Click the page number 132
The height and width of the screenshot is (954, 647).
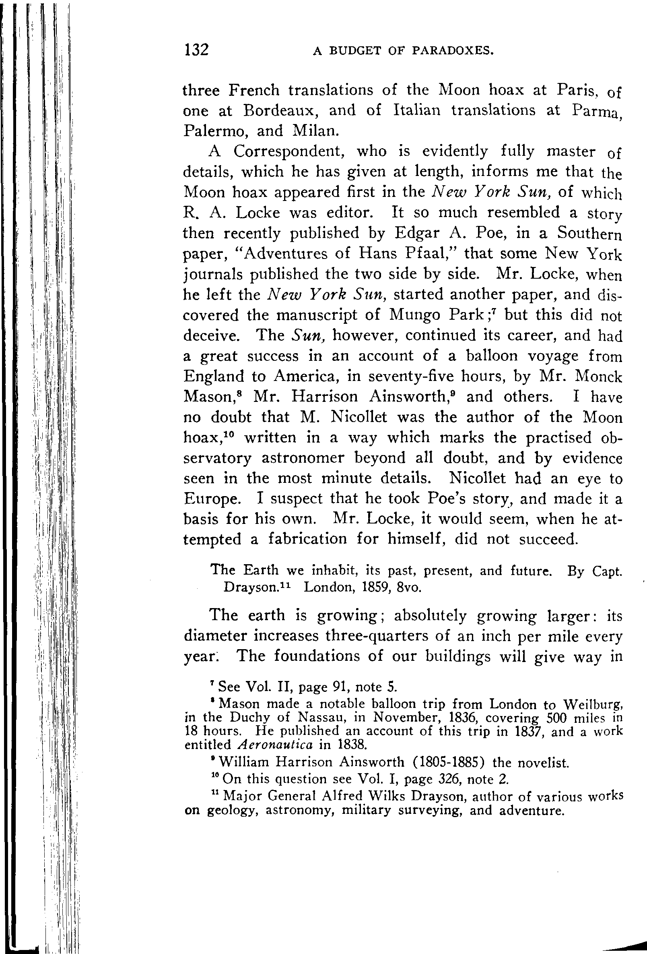[196, 50]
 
